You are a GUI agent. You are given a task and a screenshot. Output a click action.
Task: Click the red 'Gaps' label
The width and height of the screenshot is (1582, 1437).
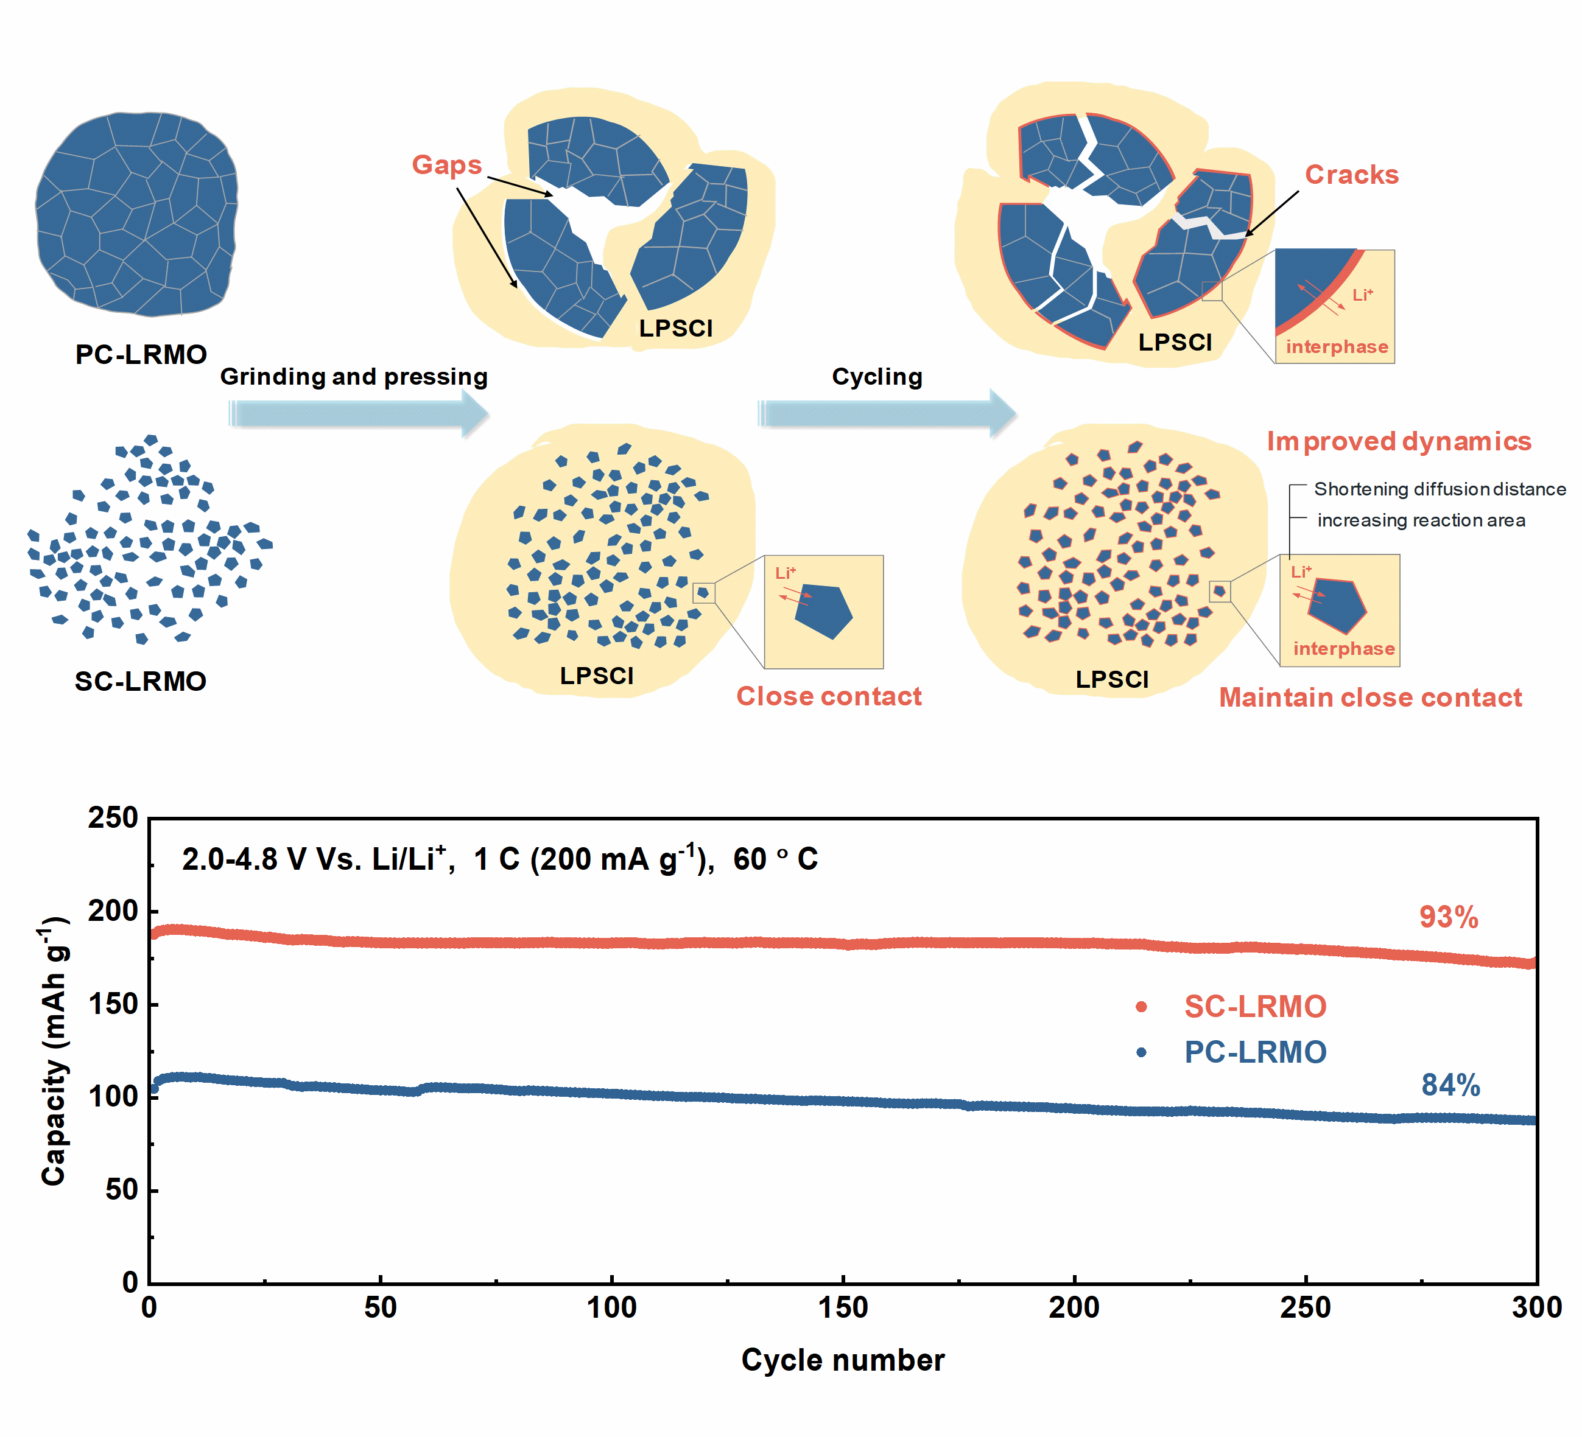[446, 165]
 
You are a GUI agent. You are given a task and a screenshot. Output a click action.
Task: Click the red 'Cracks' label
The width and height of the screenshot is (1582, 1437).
[1351, 174]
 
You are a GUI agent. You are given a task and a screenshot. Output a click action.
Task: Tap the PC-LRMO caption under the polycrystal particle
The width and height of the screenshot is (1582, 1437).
[141, 355]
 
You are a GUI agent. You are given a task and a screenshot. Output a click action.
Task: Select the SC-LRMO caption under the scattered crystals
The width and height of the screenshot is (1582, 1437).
[141, 681]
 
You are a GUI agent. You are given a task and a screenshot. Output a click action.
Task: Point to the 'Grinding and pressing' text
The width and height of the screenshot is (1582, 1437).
[354, 377]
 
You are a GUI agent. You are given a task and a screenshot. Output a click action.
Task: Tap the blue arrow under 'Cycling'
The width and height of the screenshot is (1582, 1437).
[887, 413]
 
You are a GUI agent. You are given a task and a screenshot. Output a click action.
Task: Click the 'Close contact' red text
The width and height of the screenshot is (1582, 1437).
[829, 696]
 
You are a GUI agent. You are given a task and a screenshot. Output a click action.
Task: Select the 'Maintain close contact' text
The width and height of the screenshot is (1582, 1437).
[1370, 698]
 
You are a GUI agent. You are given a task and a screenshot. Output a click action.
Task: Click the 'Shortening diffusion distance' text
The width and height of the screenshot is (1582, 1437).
[1439, 489]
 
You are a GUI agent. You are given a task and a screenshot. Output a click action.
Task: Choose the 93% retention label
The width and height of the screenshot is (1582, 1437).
[1449, 917]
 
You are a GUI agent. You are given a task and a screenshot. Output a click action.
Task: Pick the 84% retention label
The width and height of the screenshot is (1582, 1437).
[1450, 1085]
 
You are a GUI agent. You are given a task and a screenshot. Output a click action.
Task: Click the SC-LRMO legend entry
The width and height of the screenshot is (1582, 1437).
[1254, 1006]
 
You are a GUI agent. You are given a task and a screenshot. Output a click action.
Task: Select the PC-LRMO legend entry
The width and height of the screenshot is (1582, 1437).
[1254, 1052]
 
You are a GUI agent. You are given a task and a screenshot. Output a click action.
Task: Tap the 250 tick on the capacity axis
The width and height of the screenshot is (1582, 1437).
[113, 817]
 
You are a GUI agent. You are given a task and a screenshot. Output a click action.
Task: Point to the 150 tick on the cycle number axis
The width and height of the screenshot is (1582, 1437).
[843, 1307]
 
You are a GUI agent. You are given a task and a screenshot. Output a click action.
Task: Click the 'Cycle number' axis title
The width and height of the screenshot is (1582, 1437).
[843, 1359]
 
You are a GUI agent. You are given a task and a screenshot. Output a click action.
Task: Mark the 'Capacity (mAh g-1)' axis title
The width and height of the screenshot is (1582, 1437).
[55, 1051]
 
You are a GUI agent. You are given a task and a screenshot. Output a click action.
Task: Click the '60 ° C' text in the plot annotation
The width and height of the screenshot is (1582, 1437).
[775, 859]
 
